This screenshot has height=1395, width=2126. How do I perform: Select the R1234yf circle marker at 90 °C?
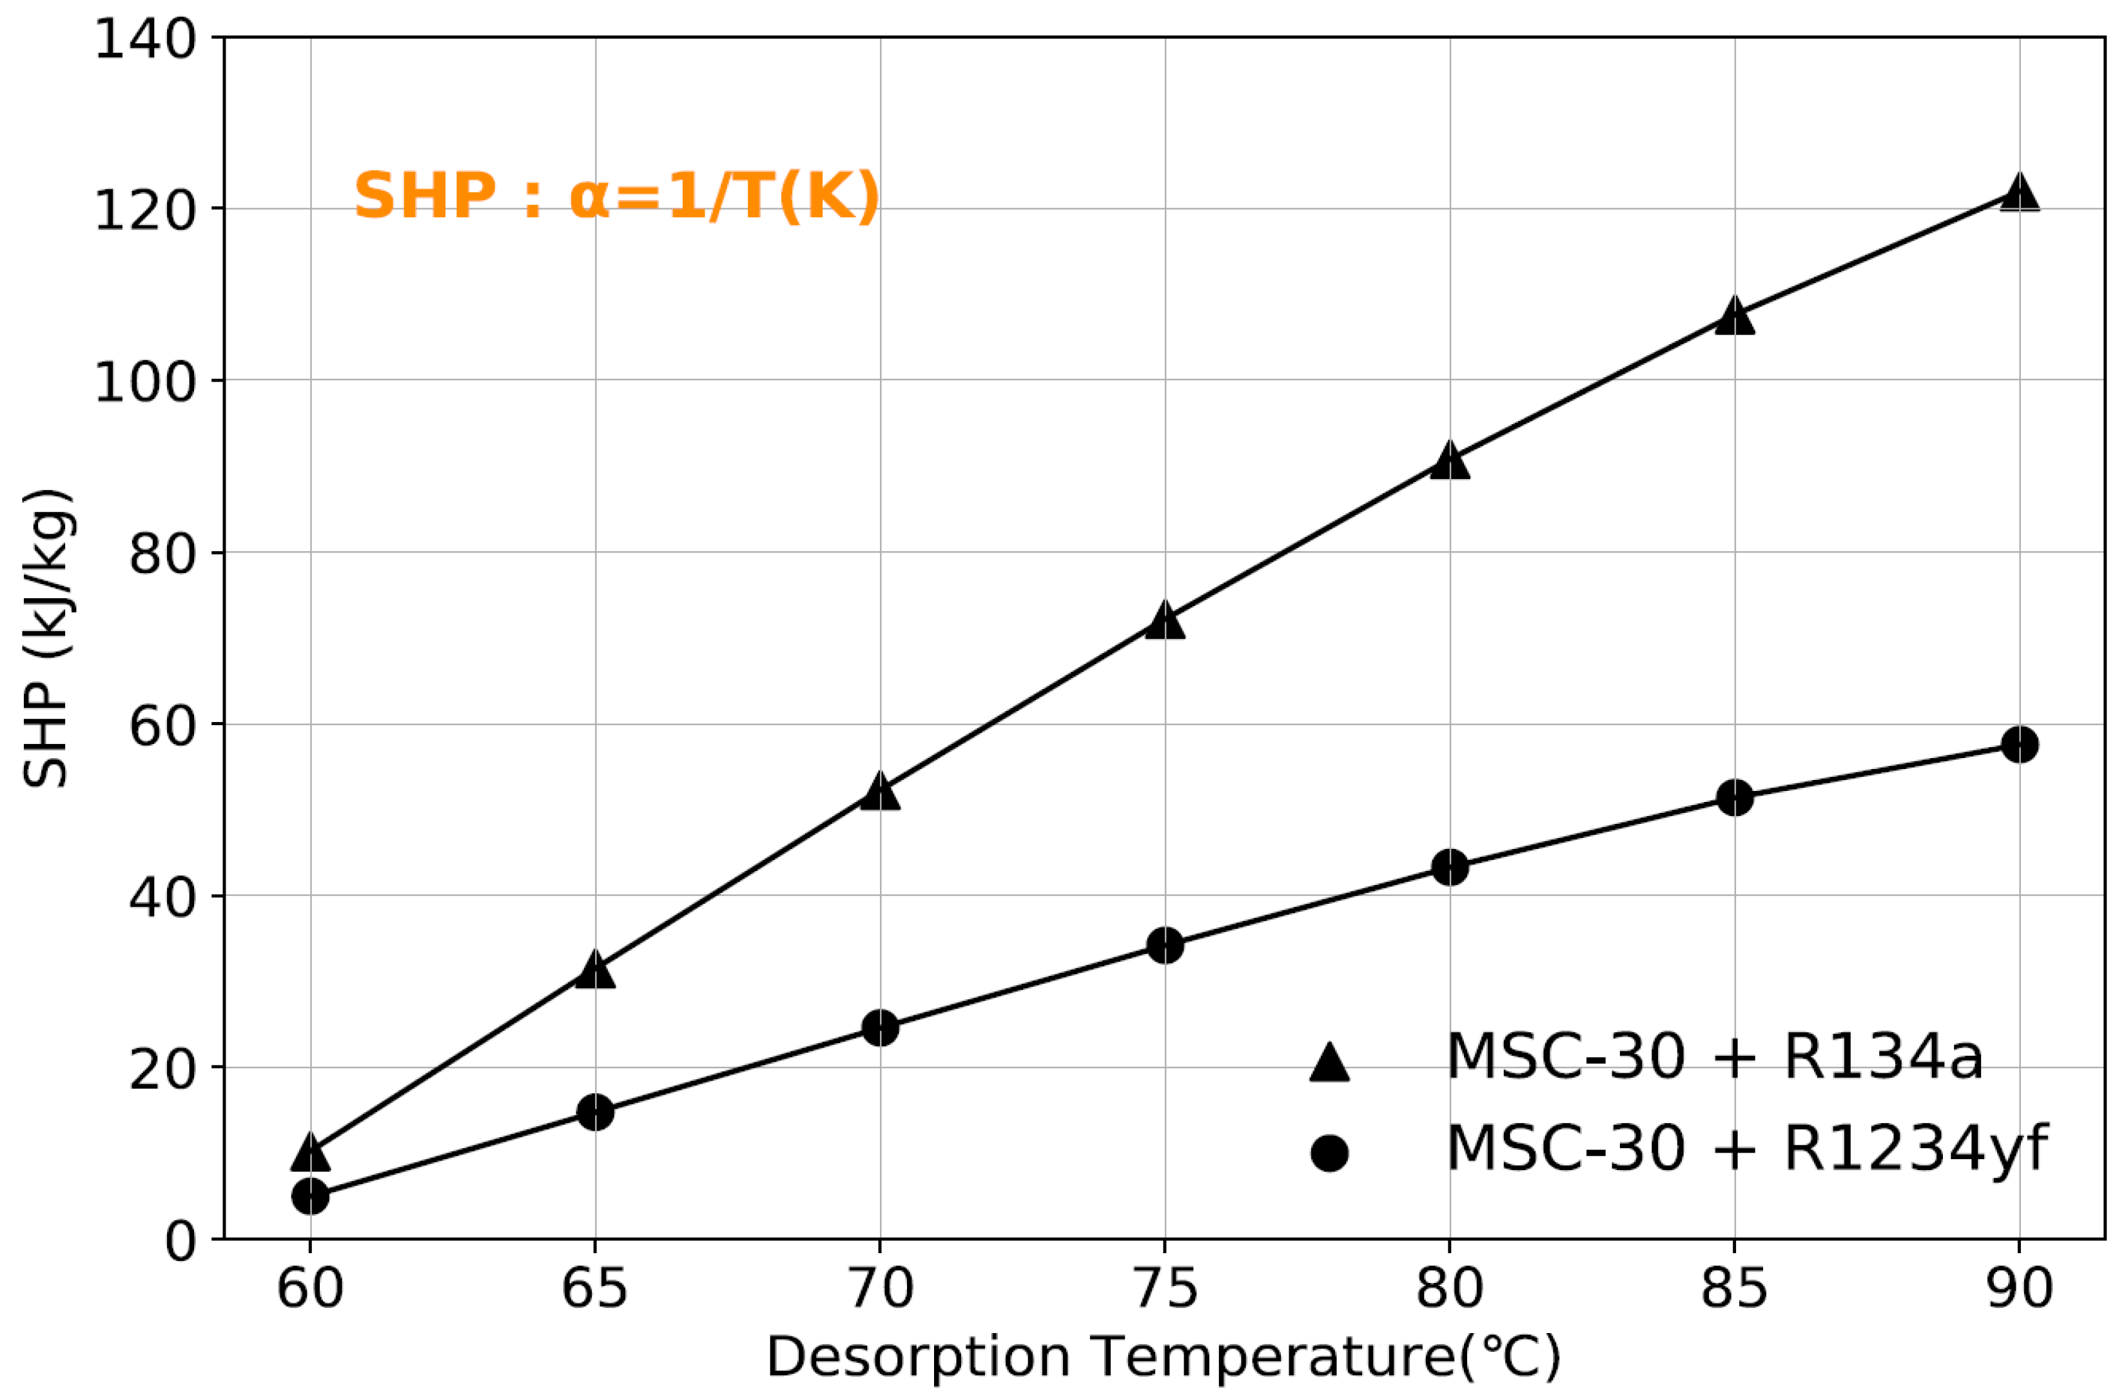click(2019, 744)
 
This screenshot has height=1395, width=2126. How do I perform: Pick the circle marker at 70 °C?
click(880, 1028)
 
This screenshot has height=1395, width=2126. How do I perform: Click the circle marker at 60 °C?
click(310, 1196)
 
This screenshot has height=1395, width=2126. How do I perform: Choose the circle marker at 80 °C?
click(1449, 867)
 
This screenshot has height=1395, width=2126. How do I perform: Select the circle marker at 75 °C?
click(1164, 945)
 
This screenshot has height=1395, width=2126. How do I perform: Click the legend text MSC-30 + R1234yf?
click(1746, 1149)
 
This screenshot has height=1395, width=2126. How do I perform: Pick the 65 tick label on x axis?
click(595, 1289)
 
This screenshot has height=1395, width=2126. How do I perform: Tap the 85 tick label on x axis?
click(1734, 1289)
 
